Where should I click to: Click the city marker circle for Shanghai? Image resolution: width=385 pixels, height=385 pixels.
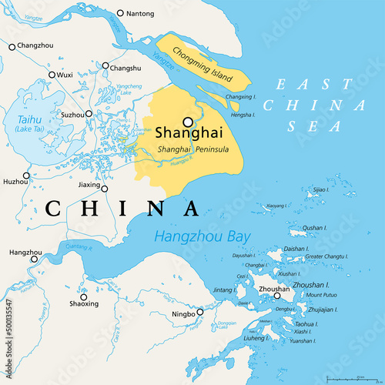coord(187,122)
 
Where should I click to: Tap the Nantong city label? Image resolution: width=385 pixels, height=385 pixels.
coord(140,14)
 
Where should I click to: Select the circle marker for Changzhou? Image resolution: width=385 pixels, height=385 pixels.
coord(12,47)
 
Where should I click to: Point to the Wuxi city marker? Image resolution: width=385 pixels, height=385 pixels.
coord(52,75)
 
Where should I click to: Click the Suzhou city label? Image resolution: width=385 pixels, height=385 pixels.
coord(72,115)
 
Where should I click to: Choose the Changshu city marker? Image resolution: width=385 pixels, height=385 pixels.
coord(105,67)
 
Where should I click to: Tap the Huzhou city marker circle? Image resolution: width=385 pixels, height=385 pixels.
coord(25,176)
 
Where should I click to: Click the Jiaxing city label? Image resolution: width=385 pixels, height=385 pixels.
coord(90,186)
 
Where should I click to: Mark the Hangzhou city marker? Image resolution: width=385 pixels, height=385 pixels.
coord(33,259)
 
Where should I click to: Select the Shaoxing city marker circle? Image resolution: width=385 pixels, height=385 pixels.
coord(83,296)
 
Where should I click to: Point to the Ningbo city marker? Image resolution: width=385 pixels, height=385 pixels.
coord(199,312)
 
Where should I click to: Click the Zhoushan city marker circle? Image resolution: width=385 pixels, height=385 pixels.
coord(276,295)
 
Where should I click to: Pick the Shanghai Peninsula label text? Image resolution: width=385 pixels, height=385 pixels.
coord(192,149)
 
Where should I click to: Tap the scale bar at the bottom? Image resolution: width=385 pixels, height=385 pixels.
coord(351,378)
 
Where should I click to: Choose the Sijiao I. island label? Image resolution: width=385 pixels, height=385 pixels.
coord(320,189)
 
